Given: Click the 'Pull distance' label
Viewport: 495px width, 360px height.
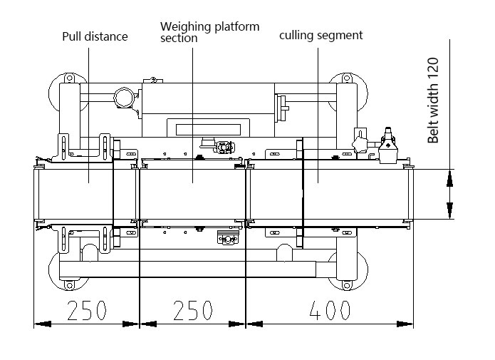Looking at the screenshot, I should click(95, 36).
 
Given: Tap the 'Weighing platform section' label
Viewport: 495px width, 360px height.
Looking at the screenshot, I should click(209, 32).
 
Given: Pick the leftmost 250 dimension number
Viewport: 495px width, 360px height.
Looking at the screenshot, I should click(86, 309).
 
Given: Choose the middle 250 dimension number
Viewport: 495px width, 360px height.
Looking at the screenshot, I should click(192, 309).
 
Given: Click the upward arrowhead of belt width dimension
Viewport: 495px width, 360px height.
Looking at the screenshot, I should click(449, 178).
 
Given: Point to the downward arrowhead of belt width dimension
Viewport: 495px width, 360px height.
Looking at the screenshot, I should click(449, 210).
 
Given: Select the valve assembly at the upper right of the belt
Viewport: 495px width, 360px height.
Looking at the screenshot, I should click(387, 143).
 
